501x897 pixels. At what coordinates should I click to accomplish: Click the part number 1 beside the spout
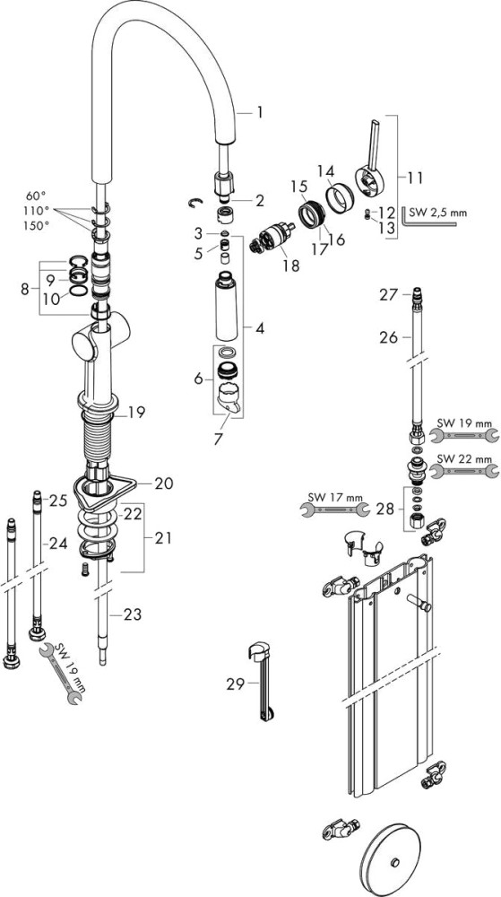coord(259,113)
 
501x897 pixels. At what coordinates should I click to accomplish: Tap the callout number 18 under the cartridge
coord(290,266)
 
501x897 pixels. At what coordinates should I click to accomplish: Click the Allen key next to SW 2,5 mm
coord(428,217)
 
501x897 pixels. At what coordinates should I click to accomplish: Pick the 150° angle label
coord(36,226)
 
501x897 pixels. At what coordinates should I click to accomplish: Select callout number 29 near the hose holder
coord(236,684)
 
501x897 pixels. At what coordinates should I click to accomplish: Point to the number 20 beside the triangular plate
coord(163,483)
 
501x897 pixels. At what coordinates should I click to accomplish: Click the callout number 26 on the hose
coord(388,337)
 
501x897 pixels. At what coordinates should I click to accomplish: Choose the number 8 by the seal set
coord(24,290)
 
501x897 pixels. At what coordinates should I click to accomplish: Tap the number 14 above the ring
coord(326,170)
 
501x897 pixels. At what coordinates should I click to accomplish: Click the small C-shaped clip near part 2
coord(195,202)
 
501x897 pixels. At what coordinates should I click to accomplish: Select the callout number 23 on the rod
coord(133,615)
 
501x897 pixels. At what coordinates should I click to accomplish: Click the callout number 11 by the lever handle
coord(415,178)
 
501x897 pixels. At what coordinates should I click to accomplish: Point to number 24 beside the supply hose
coord(58,543)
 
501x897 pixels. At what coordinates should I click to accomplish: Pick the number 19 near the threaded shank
coord(136,412)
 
